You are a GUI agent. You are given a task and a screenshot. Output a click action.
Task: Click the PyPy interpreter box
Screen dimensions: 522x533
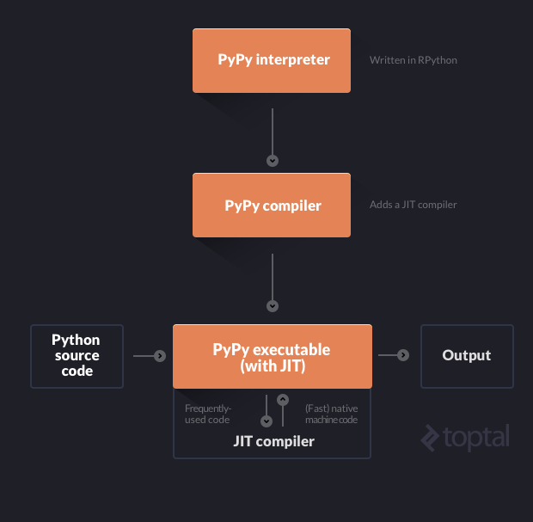tap(271, 60)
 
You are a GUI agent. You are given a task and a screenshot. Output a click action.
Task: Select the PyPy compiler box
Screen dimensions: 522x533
tap(271, 205)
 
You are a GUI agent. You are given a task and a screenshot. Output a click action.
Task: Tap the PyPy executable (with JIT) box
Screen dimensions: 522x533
tap(272, 356)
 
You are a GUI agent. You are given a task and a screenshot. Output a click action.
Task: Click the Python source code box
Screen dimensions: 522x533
tap(77, 356)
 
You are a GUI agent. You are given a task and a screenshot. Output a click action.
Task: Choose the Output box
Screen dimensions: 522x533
tap(467, 356)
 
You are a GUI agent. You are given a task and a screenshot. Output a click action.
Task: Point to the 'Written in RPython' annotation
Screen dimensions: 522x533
tap(413, 60)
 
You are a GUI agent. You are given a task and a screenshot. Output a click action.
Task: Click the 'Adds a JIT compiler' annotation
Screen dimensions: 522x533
tap(413, 205)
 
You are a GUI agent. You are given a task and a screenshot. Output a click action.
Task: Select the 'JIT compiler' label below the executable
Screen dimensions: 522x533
tap(273, 441)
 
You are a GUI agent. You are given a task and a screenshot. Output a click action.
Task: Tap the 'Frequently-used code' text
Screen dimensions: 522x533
tap(208, 414)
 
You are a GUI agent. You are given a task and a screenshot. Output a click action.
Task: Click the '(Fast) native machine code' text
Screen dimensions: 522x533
tap(331, 414)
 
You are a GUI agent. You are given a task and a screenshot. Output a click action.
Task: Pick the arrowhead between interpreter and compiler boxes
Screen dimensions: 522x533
tap(273, 161)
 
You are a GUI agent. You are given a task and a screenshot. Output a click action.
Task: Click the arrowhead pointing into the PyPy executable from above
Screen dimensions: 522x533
tap(273, 305)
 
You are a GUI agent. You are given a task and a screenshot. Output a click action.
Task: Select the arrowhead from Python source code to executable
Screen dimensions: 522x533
tap(159, 355)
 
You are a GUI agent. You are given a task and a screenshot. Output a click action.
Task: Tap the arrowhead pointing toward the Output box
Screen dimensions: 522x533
tap(403, 355)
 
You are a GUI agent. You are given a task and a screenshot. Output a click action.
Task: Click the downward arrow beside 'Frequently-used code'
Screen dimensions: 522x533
tap(266, 421)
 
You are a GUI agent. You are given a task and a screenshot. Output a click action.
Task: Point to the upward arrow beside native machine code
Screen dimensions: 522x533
tap(283, 400)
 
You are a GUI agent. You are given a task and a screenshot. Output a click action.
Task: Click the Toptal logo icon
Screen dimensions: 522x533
tap(430, 437)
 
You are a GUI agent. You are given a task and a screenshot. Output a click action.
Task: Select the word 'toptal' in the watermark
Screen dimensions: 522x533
tap(477, 437)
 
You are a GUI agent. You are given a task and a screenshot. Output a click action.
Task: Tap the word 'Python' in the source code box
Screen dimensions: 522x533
tap(76, 341)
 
